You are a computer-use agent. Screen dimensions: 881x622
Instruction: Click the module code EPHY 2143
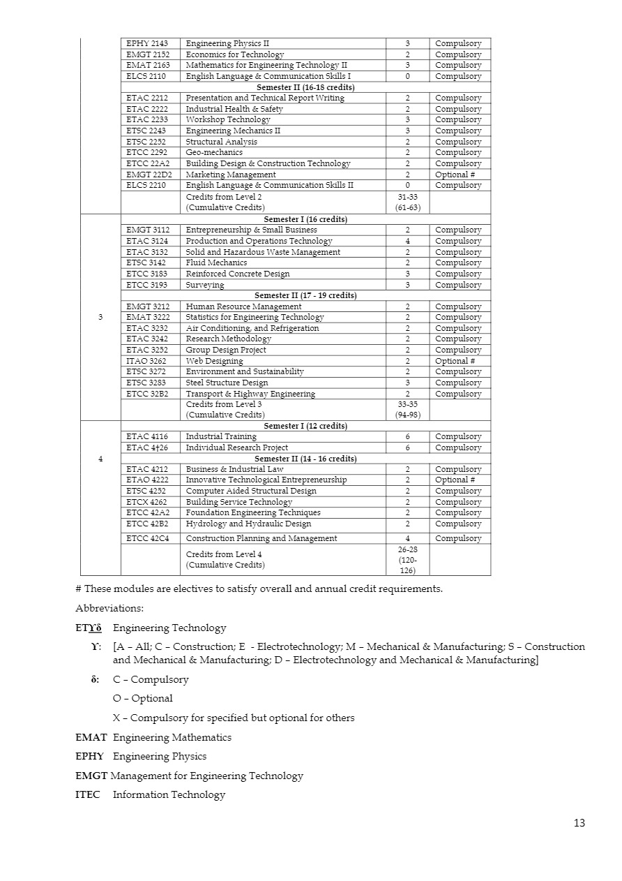[147, 43]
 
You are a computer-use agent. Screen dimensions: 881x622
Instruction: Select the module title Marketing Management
[230, 175]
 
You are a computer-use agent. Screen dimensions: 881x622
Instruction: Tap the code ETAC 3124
[147, 241]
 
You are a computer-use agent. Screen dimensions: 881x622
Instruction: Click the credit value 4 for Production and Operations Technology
[407, 241]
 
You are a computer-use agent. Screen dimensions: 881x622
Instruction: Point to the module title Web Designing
[214, 361]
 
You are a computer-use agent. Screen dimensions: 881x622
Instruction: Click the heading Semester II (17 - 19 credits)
[305, 295]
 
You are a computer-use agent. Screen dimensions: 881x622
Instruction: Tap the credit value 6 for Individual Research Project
[407, 447]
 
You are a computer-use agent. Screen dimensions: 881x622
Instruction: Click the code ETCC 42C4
[148, 538]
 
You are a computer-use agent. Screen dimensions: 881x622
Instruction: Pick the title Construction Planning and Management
[261, 538]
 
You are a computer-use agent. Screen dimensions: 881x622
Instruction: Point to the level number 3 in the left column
[100, 317]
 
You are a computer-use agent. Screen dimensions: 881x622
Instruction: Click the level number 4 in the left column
[100, 459]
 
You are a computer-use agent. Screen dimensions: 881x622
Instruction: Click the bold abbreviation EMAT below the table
[89, 737]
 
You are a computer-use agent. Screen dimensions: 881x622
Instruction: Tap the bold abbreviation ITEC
[87, 794]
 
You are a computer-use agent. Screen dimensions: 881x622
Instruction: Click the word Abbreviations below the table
[109, 608]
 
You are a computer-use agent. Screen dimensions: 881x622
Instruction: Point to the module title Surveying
[205, 285]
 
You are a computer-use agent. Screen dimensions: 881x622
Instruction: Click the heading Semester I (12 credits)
[305, 426]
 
